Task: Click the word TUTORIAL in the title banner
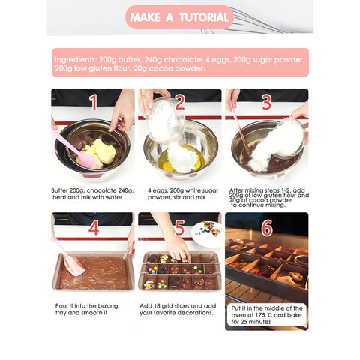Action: pyautogui.click(x=204, y=17)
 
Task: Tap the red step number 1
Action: pyautogui.click(x=94, y=102)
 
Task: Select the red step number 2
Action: pyautogui.click(x=180, y=102)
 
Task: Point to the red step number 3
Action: pyautogui.click(x=267, y=102)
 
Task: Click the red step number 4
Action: pyautogui.click(x=94, y=228)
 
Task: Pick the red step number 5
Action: pyautogui.click(x=180, y=228)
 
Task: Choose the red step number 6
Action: pyautogui.click(x=267, y=228)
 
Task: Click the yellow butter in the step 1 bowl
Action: pyautogui.click(x=101, y=152)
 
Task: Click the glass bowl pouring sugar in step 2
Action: pyautogui.click(x=166, y=121)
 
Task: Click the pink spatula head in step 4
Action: pyautogui.click(x=74, y=265)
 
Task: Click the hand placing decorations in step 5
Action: pyautogui.click(x=179, y=250)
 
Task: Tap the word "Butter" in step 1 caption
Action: pyautogui.click(x=59, y=190)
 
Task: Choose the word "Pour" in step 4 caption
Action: pyautogui.click(x=61, y=306)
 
